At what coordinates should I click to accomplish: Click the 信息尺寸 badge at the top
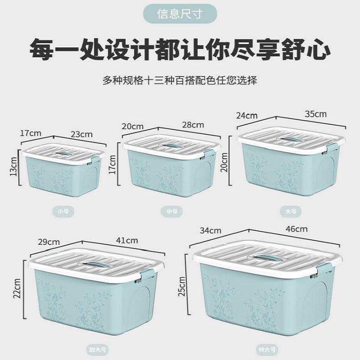tap(180, 13)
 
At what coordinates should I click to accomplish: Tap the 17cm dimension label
tap(30, 133)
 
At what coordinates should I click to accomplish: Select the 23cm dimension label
tap(81, 134)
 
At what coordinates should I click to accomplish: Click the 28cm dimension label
tap(193, 125)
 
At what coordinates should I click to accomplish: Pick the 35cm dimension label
tap(315, 114)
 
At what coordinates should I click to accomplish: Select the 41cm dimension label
tap(126, 240)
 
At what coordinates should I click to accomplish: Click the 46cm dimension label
tap(296, 229)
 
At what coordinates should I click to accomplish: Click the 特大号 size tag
tap(263, 349)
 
